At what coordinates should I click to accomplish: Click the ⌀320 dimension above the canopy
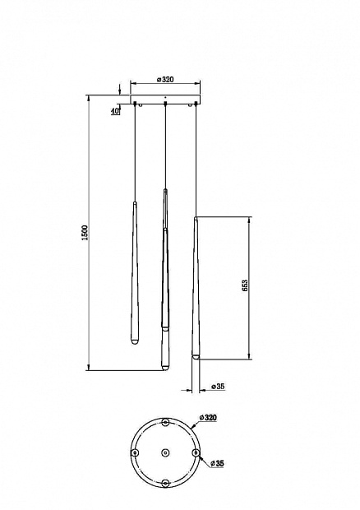165,79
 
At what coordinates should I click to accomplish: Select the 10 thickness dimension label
114,111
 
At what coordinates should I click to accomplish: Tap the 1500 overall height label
85,233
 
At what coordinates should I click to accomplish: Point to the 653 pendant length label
245,285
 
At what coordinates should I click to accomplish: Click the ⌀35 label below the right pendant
218,387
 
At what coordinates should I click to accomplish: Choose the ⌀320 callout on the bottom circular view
208,417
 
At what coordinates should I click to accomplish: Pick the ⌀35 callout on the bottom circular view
217,463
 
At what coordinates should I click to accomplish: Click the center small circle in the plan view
165,452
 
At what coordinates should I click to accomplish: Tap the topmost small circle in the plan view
166,423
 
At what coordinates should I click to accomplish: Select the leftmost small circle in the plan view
135,452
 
